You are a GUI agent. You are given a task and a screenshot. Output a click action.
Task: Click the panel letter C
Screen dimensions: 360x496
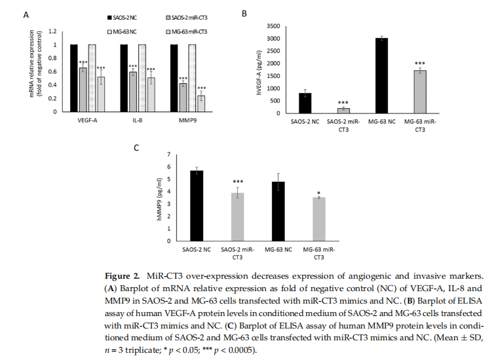(136, 148)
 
